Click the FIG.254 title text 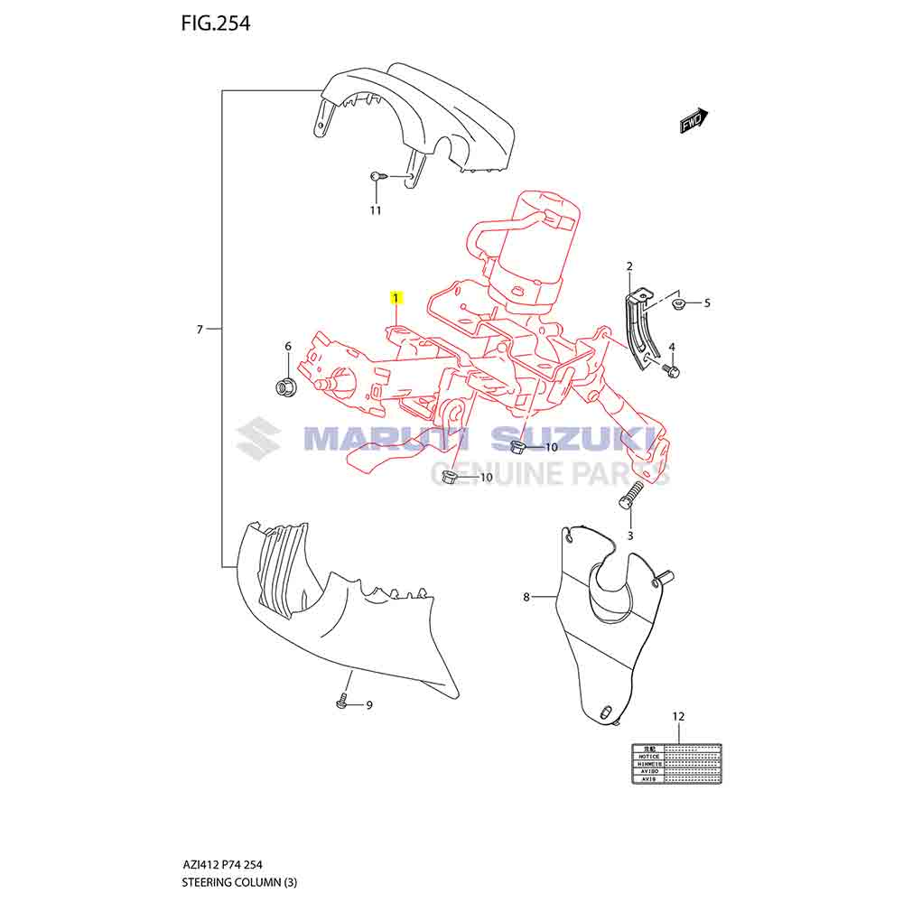pos(215,23)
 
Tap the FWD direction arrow pos(694,121)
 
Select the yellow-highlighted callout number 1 pos(396,297)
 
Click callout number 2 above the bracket pos(629,265)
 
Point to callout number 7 pos(200,330)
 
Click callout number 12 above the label pos(678,716)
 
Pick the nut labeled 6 pos(284,386)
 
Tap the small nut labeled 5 pos(682,304)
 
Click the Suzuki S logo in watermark pos(258,439)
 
